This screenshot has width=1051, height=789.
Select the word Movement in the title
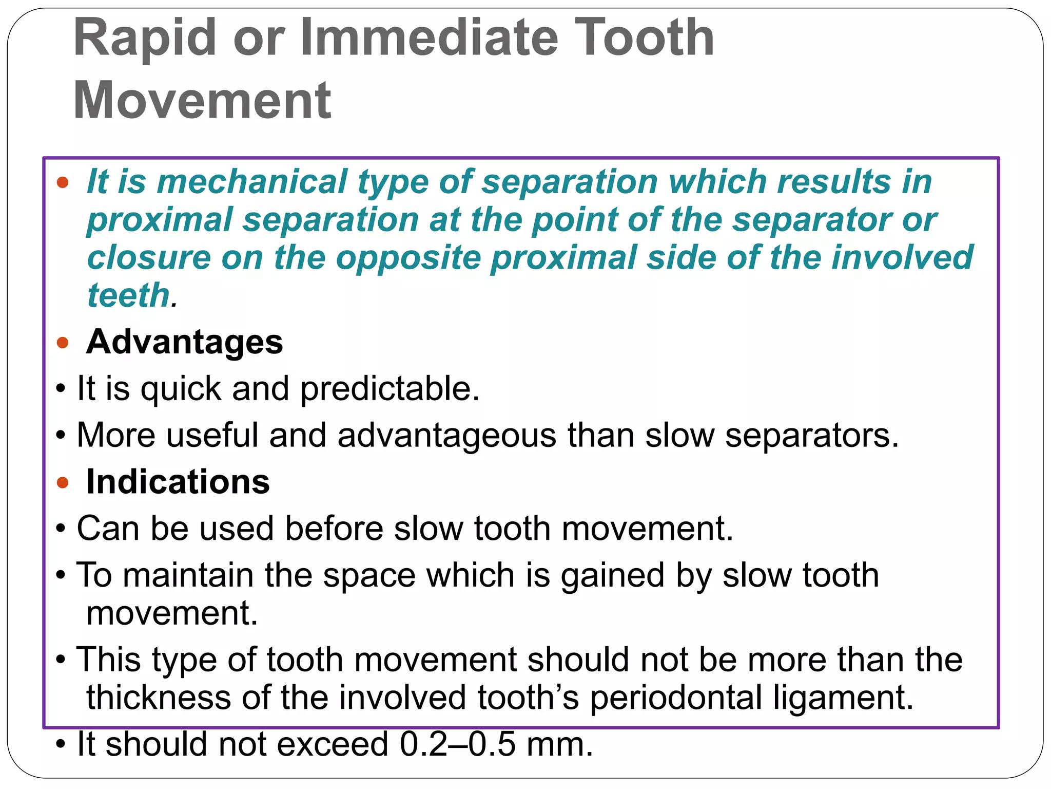pos(202,100)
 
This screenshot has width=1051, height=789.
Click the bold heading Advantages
pos(184,342)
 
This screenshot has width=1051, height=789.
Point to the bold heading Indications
pos(178,482)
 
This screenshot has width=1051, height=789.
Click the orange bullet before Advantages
pos(63,343)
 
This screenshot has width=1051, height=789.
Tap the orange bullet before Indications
pos(63,483)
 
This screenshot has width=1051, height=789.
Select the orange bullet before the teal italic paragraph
pos(63,182)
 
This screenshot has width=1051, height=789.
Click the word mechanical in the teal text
pos(252,182)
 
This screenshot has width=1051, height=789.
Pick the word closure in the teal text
pos(149,257)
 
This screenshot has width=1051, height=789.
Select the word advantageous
pos(446,435)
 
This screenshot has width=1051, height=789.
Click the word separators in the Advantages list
pos(811,435)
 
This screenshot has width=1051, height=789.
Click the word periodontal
pos(676,698)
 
